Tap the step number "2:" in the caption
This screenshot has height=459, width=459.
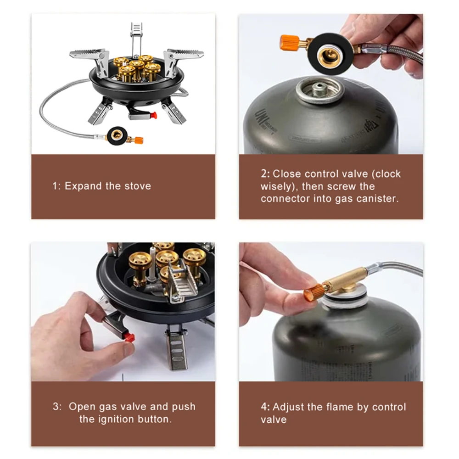pos(265,174)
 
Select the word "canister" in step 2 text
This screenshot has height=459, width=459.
pos(379,199)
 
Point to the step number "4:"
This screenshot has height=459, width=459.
pos(265,407)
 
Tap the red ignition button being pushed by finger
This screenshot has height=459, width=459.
pos(129,338)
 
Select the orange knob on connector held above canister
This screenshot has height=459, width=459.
pos(290,43)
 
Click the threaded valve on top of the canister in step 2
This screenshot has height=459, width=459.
pos(319,88)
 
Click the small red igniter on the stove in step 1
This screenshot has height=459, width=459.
pos(153,115)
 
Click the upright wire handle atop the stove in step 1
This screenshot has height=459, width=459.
pos(136,37)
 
